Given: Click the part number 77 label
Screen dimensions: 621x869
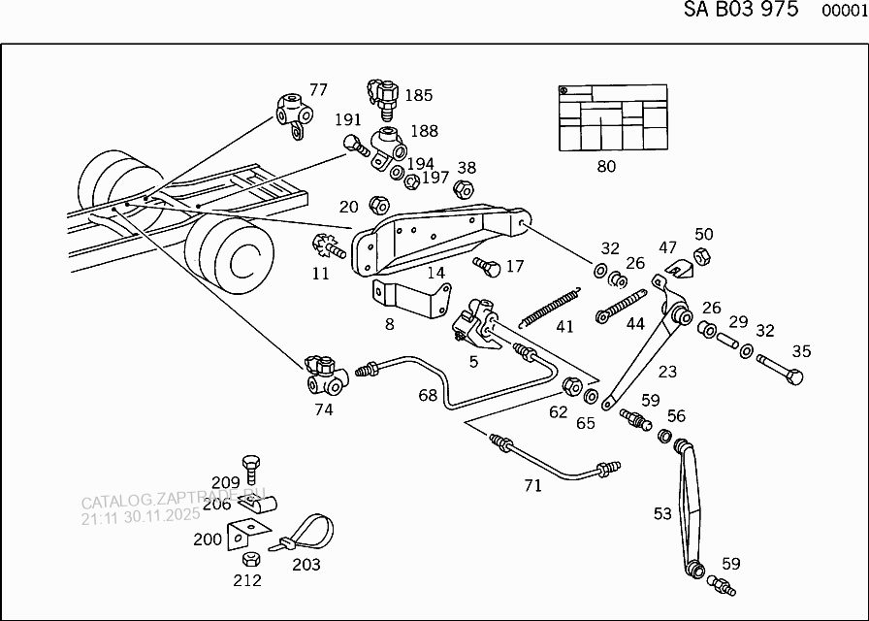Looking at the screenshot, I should [318, 90].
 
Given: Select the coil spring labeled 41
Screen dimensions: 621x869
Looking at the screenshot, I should [551, 306].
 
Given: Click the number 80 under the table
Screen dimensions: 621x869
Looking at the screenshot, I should [606, 166].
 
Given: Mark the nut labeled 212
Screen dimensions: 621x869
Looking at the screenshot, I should [248, 560].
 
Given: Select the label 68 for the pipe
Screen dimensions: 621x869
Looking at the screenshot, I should [428, 395].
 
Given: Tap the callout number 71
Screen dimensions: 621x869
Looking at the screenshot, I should [532, 485].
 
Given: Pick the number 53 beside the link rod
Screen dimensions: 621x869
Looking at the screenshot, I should [662, 513].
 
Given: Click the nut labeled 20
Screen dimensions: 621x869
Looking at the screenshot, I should [380, 205].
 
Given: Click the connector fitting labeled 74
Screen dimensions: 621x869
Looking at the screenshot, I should [325, 376].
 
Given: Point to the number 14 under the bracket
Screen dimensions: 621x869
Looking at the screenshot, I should [435, 273].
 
